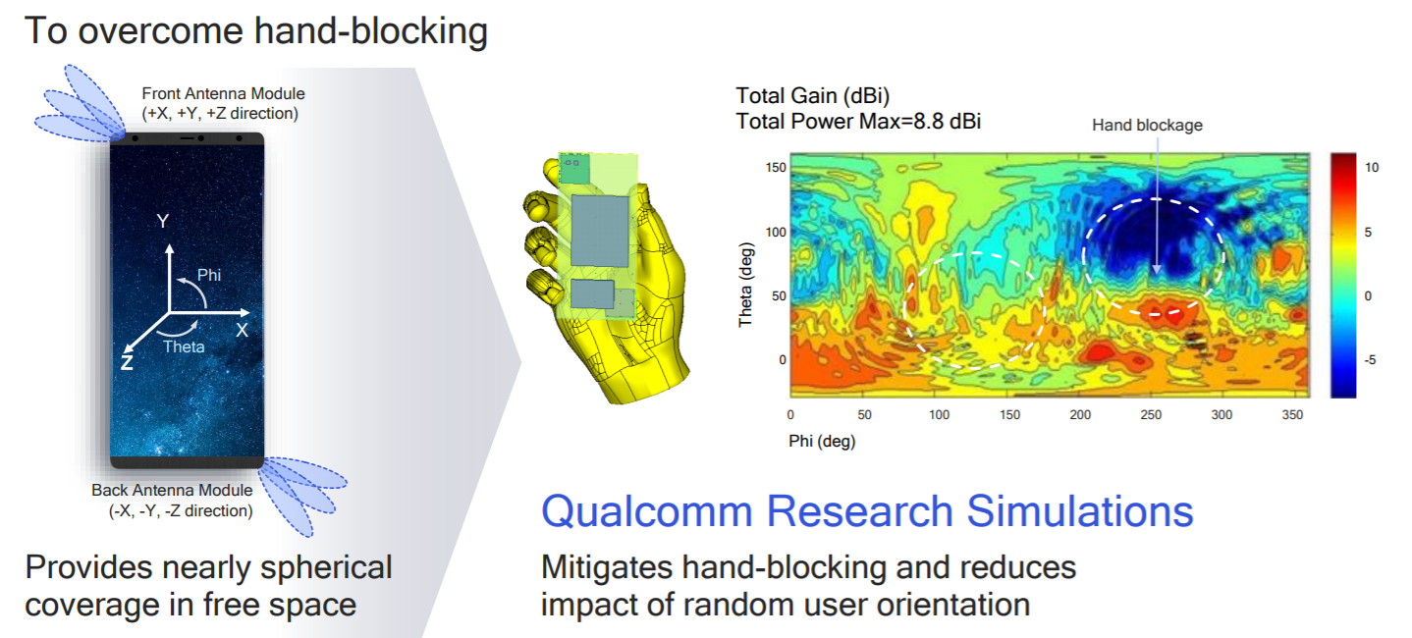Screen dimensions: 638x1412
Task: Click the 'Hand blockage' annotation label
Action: coord(1147,125)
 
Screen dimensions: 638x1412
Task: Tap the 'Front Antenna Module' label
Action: coord(223,94)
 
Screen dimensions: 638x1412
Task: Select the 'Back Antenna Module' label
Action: coord(172,491)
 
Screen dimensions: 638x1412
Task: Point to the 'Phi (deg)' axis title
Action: coord(822,442)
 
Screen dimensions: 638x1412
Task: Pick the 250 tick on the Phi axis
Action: coord(1151,415)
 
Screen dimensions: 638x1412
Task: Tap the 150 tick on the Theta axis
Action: coord(775,168)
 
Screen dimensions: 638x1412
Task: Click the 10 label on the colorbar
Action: coord(1372,168)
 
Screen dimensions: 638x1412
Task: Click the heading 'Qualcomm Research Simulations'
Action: coord(867,511)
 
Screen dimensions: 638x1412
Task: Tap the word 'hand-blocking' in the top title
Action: coord(371,31)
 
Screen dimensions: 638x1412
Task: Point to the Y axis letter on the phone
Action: coord(163,222)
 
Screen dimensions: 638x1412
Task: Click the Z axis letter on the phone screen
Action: coord(127,362)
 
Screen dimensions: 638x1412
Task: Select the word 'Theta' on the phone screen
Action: coord(184,346)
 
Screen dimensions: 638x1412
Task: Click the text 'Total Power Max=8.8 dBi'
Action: coord(858,122)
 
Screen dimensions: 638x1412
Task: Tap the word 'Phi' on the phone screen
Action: coord(209,275)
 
